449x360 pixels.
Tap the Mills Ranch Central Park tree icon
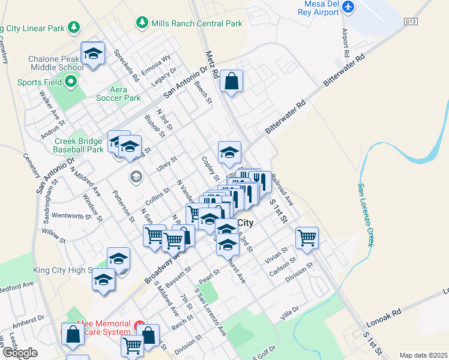[142, 23]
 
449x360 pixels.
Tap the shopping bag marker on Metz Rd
[231, 80]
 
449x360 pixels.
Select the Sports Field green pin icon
[71, 82]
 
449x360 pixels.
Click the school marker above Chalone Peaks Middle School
[93, 53]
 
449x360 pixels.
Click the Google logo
[20, 352]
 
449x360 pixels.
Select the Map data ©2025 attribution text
[423, 355]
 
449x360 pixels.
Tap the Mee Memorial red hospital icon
[140, 328]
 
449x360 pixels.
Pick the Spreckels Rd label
[127, 65]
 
